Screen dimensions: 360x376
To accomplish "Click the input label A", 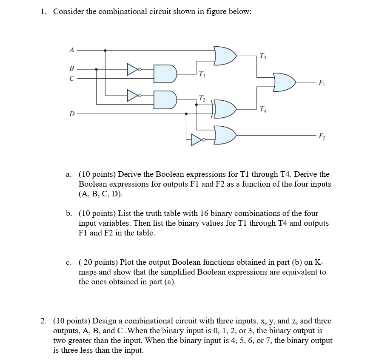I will click(72, 50).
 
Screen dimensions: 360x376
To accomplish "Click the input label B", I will click(71, 68).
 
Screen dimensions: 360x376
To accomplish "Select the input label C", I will click(72, 78).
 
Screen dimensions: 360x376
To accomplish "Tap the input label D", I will click(72, 114).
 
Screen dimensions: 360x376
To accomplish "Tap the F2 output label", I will click(322, 136).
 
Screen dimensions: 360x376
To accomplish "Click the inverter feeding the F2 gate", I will click(197, 139).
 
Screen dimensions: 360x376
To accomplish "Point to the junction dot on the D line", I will click(186, 114).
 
